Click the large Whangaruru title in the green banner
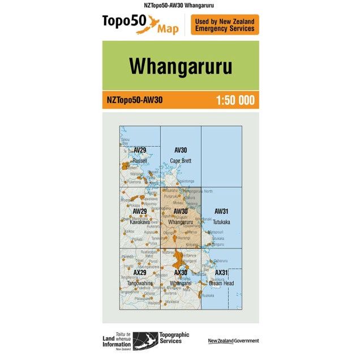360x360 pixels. (180, 66)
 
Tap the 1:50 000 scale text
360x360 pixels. (235, 101)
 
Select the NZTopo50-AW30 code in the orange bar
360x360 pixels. (135, 101)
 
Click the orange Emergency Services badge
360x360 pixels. (225, 25)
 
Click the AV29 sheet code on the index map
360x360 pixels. (139, 150)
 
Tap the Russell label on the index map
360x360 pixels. (139, 161)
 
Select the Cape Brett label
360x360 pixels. (181, 161)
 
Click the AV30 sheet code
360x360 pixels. (181, 150)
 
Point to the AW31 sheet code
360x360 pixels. (221, 211)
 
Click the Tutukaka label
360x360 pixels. (221, 222)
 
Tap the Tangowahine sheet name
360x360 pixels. (139, 283)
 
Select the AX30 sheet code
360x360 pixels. (181, 273)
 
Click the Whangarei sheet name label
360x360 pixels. (181, 283)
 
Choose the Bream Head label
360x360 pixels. (221, 283)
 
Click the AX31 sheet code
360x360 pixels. (221, 273)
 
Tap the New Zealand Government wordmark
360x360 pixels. (233, 340)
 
